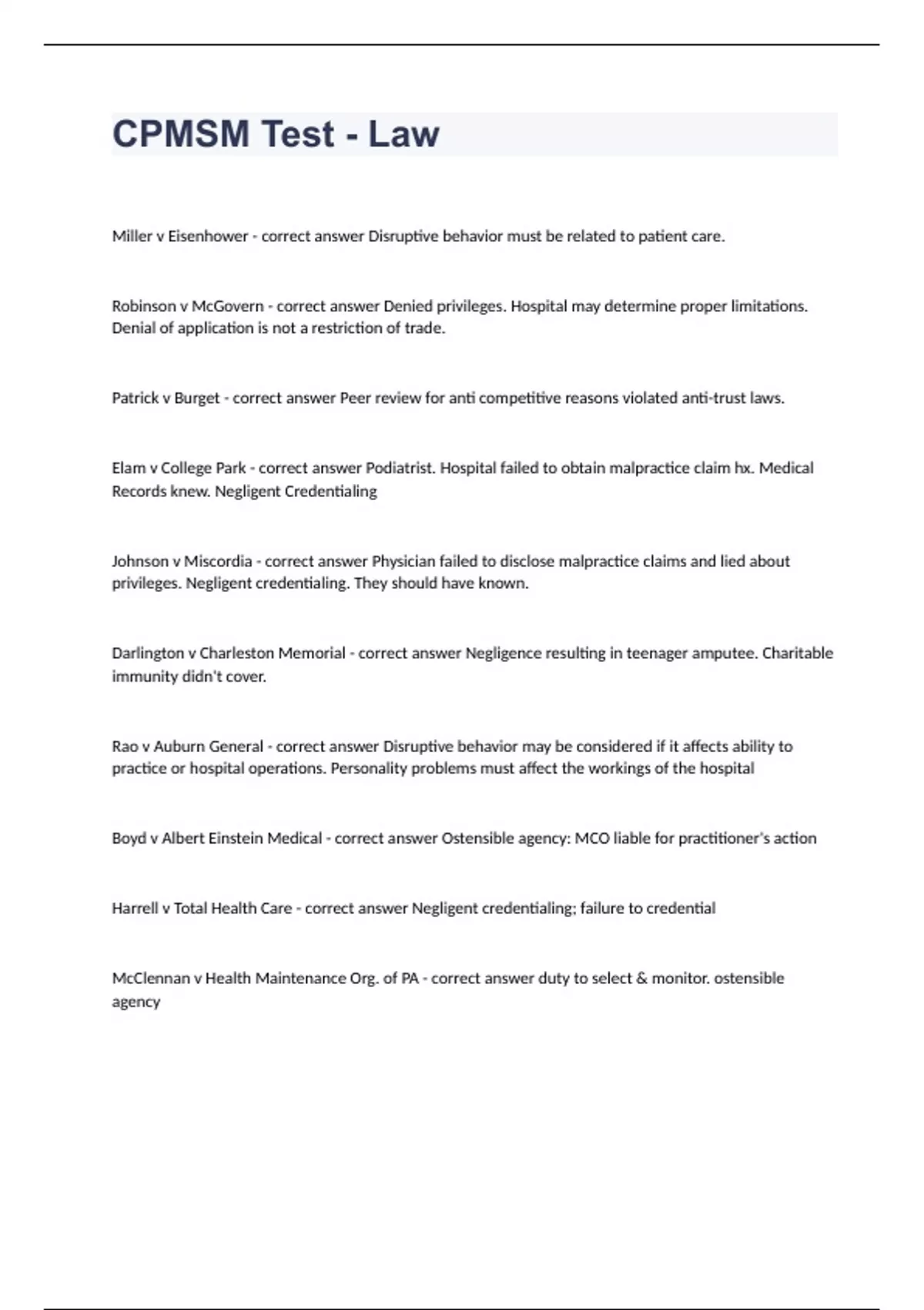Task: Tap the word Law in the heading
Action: tap(403, 134)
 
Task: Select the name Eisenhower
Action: tap(208, 237)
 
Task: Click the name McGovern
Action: tap(227, 306)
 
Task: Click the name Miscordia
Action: tap(218, 561)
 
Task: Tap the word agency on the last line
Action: tap(136, 1002)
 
